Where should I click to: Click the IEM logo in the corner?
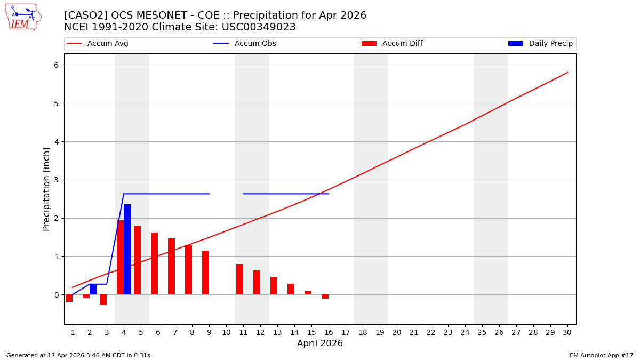click(23, 17)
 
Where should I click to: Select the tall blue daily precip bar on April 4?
click(127, 249)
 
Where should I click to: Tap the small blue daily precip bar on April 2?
click(93, 289)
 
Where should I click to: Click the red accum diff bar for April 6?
click(154, 263)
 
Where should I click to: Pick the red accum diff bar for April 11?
click(239, 279)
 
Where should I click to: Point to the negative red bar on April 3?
click(103, 300)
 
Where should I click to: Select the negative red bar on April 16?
click(325, 297)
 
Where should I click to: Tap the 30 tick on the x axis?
click(567, 332)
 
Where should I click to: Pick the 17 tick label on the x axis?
click(346, 332)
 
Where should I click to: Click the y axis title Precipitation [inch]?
click(46, 189)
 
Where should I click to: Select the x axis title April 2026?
click(319, 343)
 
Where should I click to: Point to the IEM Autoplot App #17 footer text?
click(600, 355)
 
